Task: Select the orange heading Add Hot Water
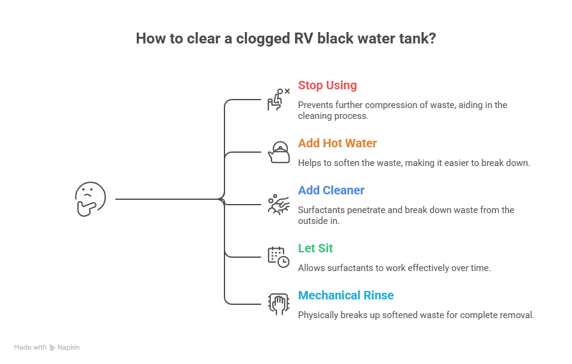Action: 337,144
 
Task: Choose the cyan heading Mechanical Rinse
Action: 346,295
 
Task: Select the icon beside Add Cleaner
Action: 278,204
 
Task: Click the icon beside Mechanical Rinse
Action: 278,305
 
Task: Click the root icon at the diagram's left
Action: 89,197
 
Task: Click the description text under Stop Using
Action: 402,110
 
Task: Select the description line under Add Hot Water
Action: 413,164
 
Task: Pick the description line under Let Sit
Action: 393,269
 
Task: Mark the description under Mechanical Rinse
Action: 415,314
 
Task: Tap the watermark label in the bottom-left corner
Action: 48,348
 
